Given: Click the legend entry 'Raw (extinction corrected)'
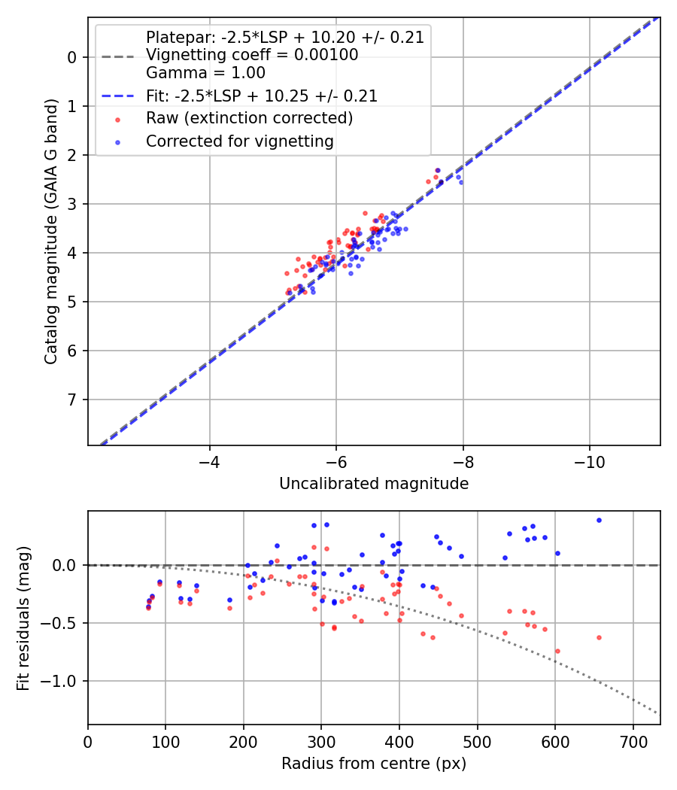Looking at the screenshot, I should (x=249, y=118).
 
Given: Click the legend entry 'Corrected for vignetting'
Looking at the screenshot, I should (x=240, y=141).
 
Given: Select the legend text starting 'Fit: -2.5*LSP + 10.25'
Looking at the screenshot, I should (x=262, y=96).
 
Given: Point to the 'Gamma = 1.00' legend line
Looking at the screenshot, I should (x=205, y=73).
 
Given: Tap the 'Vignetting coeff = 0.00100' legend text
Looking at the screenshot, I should (x=252, y=55).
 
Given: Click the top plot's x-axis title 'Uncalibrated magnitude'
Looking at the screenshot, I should (x=374, y=484).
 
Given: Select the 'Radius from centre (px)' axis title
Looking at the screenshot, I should (x=374, y=764).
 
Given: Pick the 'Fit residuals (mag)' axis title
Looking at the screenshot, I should (x=23, y=618).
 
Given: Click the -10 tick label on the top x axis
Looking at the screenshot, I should (x=590, y=460).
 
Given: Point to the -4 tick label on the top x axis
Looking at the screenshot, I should (x=209, y=460).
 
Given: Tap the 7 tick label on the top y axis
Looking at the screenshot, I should (x=72, y=400).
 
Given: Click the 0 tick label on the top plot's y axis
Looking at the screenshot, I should (x=72, y=57).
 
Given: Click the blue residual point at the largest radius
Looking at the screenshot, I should (x=599, y=520).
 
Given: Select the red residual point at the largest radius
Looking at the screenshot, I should (x=599, y=637).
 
